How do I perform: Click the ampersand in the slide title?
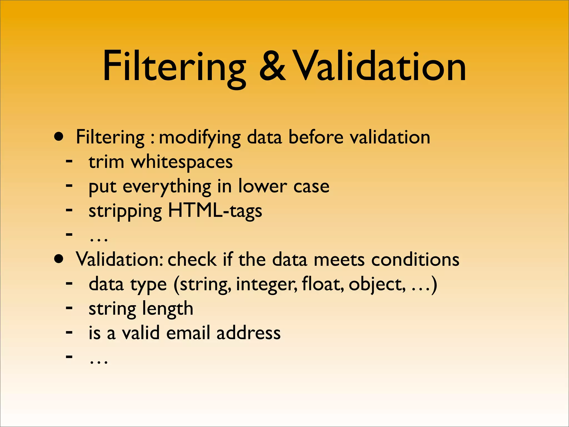tap(272, 67)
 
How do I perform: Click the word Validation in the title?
tap(379, 67)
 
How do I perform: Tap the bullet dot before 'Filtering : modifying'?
tap(59, 137)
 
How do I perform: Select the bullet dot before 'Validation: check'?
tap(59, 259)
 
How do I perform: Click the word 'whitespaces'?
tap(182, 162)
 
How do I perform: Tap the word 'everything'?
tap(167, 187)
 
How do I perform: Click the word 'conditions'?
tap(415, 260)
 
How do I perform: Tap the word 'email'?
tap(188, 333)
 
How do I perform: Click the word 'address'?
tap(248, 333)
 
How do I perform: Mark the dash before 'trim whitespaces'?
tap(69, 161)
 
